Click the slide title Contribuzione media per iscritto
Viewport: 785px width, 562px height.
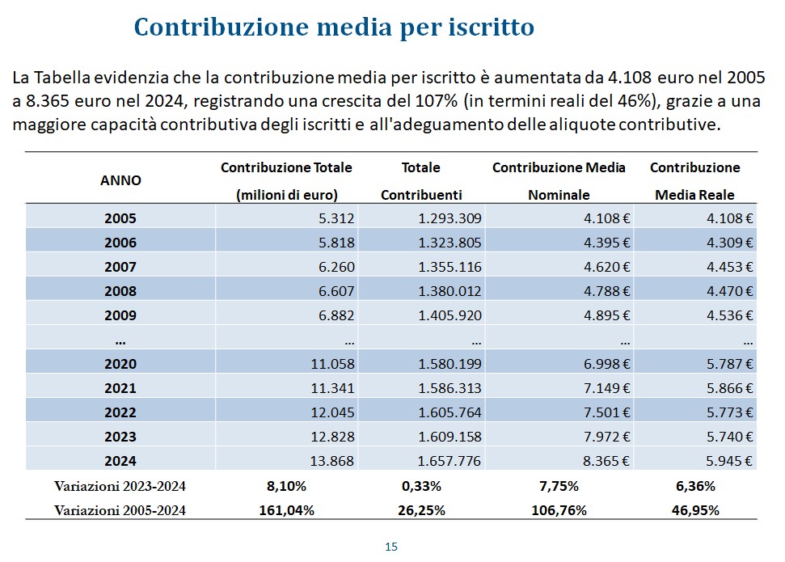click(334, 27)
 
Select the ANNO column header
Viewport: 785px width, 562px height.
click(120, 180)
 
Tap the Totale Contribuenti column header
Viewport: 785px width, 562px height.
click(420, 181)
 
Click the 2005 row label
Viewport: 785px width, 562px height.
click(120, 218)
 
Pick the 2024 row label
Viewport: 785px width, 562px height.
click(120, 461)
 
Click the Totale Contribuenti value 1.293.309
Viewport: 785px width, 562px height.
click(449, 218)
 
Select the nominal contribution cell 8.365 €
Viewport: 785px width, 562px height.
click(606, 461)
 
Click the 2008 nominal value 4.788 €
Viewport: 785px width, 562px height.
click(606, 291)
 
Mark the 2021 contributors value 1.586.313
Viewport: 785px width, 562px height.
click(449, 388)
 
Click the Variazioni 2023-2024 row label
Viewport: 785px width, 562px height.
click(120, 487)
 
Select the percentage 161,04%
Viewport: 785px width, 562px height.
click(286, 510)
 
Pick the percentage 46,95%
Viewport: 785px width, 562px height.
click(695, 510)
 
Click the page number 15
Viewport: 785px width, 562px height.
click(391, 547)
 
